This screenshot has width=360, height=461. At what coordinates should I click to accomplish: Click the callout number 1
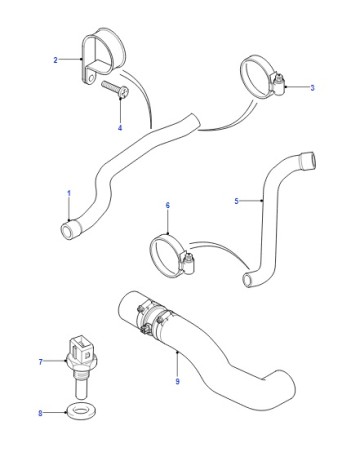[x=69, y=193]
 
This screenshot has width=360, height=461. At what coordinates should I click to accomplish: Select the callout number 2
[x=55, y=60]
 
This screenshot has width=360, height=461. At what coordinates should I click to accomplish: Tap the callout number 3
[x=312, y=88]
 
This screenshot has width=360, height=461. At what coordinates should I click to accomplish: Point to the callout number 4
[x=120, y=128]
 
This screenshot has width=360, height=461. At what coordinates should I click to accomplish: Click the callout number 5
[x=236, y=201]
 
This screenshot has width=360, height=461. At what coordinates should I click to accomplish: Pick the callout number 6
[x=168, y=205]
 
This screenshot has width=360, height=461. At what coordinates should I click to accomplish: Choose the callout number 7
[x=41, y=362]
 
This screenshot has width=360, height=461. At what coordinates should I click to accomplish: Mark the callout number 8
[x=40, y=413]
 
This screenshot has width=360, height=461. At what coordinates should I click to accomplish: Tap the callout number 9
[x=177, y=381]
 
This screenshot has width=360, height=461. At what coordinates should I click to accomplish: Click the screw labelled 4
[x=115, y=89]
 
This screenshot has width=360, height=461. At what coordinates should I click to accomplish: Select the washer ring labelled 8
[x=80, y=410]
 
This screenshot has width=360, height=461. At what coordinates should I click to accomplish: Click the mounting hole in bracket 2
[x=91, y=78]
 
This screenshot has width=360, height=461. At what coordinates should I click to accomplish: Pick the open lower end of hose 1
[x=67, y=231]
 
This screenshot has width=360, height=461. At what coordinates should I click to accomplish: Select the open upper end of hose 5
[x=308, y=161]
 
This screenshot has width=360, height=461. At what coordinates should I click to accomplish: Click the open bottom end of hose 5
[x=247, y=280]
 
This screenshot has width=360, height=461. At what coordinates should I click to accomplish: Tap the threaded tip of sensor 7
[x=80, y=389]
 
